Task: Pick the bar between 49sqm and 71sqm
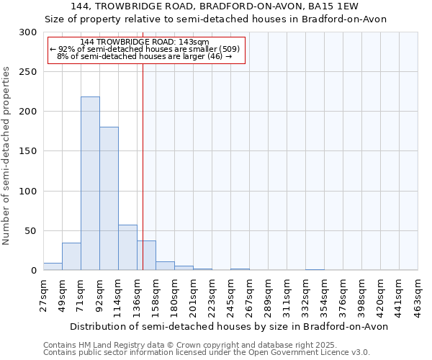tap(71, 256)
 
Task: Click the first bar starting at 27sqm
tap(53, 266)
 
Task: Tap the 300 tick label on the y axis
tap(28, 32)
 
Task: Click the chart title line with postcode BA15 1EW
tap(216, 6)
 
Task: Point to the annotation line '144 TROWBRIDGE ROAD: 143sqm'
tap(145, 42)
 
